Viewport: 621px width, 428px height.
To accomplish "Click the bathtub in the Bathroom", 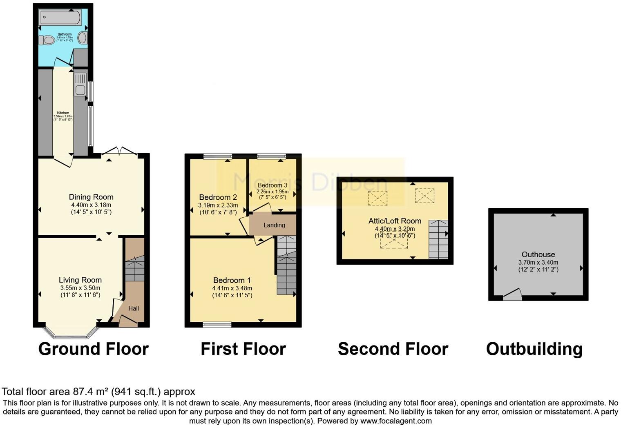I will coord(60,17).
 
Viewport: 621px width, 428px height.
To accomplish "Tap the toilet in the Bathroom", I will coord(47,40).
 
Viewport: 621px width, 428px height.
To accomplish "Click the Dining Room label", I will coord(91,197).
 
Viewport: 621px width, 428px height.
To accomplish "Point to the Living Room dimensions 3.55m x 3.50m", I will coord(80,288).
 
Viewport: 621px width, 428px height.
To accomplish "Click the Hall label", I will coord(134,308).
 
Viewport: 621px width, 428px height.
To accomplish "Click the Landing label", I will coord(274,225).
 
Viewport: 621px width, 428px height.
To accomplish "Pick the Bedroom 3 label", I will coord(273,185).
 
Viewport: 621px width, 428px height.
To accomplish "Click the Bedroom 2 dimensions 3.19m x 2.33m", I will coord(218,205).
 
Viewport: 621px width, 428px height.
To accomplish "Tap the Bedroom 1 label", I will coord(232,280).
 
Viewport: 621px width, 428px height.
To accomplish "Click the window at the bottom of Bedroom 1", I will coord(217,325).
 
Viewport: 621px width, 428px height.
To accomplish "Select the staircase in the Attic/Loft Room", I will coord(438,239).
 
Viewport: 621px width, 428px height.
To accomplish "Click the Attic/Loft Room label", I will coord(395,221).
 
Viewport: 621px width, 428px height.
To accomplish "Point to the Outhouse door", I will coord(512,295).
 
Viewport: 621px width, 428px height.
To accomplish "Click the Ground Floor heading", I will coord(94,349).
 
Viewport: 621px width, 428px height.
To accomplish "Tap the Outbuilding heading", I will coord(534,349).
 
